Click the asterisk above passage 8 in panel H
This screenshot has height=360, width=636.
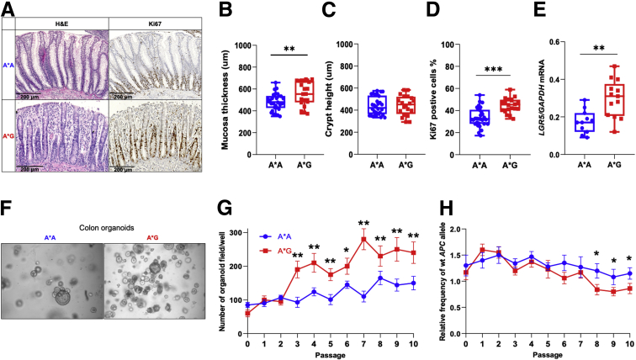point(596,254)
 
